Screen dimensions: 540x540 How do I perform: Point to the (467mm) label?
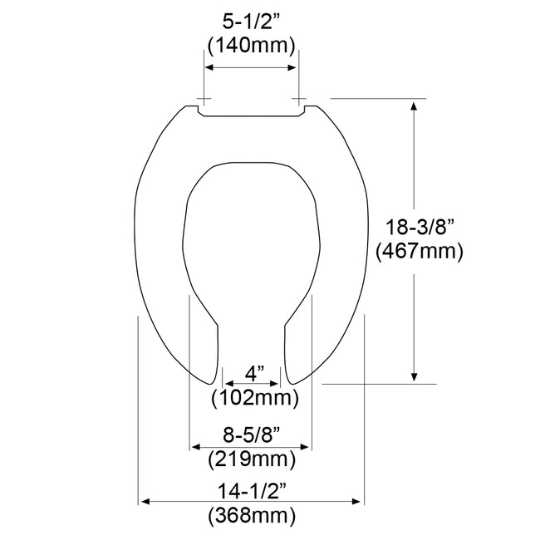419,250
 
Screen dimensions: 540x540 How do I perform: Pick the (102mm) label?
254,397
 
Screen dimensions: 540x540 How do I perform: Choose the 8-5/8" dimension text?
251,433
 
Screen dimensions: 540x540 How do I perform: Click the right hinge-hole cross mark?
298,99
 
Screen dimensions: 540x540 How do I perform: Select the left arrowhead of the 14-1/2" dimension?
144,501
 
